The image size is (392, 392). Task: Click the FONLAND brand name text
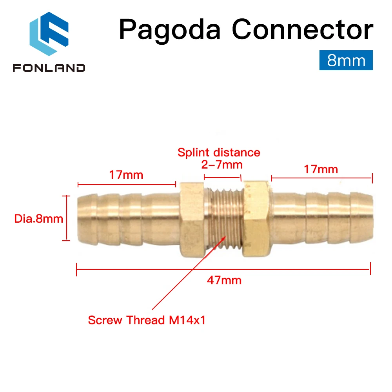point(49,68)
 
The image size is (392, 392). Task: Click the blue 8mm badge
point(346,61)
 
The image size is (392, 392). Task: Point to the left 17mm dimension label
point(126,174)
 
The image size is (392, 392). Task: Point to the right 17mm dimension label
point(321,169)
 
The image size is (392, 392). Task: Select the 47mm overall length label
point(224,280)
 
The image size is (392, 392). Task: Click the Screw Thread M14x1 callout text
point(147,320)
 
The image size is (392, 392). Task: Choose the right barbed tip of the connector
point(363,218)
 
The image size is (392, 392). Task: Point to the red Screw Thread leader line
point(184,278)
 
